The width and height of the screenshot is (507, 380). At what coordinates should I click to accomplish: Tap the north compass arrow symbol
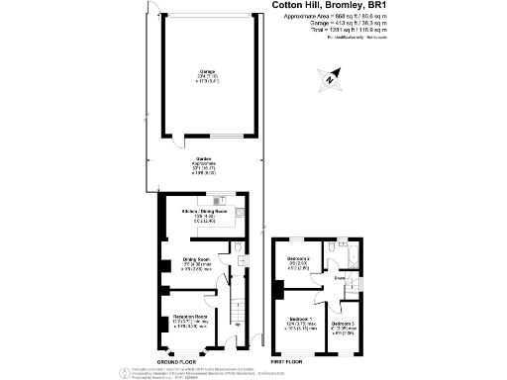click(330, 74)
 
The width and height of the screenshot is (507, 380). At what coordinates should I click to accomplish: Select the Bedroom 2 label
click(299, 259)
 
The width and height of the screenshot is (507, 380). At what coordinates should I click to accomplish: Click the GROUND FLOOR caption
click(178, 362)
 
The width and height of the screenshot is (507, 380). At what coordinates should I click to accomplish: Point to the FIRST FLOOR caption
click(296, 362)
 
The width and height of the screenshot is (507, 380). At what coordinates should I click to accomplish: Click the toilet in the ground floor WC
click(240, 248)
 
